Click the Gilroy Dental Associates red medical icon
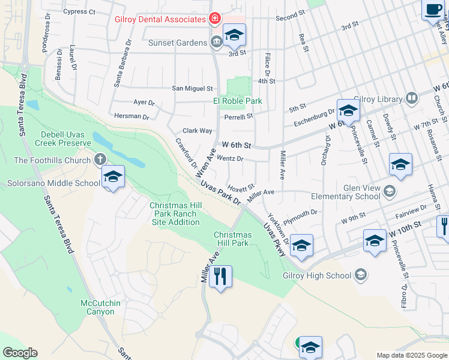pyautogui.click(x=214, y=20)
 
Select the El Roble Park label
pyautogui.click(x=238, y=101)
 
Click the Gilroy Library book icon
pyautogui.click(x=412, y=97)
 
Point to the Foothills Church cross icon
pyautogui.click(x=100, y=160)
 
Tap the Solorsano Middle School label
pyautogui.click(x=53, y=183)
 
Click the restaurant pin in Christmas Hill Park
pyautogui.click(x=220, y=277)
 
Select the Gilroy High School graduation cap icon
pyautogui.click(x=360, y=275)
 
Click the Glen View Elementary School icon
pyautogui.click(x=389, y=191)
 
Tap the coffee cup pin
pyautogui.click(x=433, y=10)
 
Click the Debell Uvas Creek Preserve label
pyautogui.click(x=65, y=139)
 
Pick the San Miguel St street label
pyautogui.click(x=193, y=88)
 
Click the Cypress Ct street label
pyautogui.click(x=79, y=11)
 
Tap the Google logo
pyautogui.click(x=20, y=353)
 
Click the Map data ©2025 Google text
pyautogui.click(x=411, y=355)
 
